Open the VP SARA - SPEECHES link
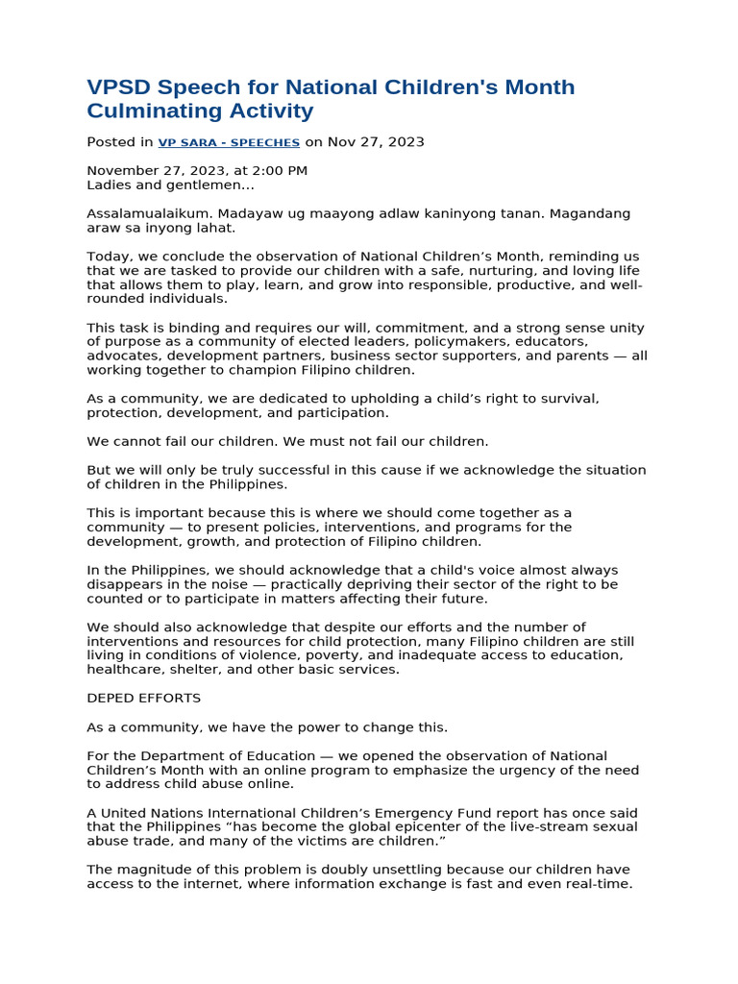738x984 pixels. point(229,142)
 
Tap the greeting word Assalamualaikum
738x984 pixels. point(148,213)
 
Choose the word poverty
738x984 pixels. point(345,655)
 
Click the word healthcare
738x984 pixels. point(122,669)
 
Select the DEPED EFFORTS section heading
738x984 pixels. point(144,698)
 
